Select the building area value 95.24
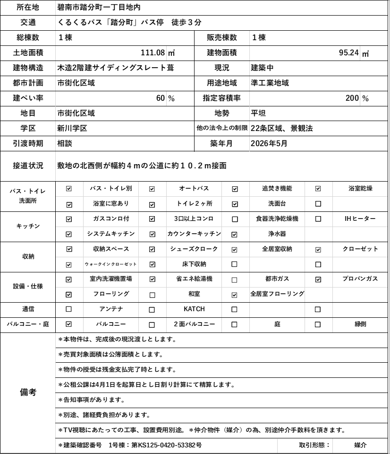349,52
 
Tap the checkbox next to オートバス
152,189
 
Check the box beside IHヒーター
318,219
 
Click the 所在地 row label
28,7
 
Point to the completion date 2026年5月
269,143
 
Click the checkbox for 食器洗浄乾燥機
235,219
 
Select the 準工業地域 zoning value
270,83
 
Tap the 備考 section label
28,392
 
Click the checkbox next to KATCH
152,309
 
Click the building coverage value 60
161,98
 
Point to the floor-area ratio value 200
352,98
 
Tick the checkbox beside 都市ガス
235,279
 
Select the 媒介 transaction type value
360,445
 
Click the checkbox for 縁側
318,324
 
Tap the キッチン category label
28,226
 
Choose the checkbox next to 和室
152,294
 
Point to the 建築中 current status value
262,68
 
